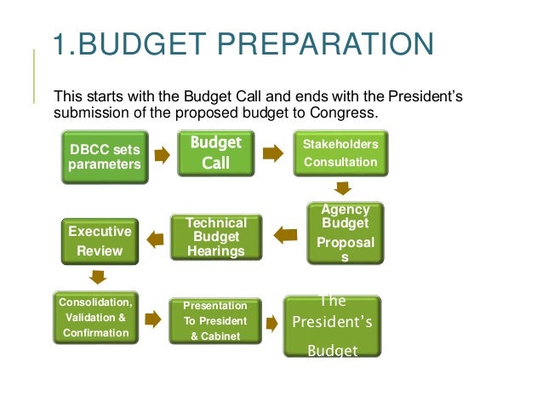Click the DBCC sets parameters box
pos(105,158)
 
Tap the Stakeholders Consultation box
pos(340,152)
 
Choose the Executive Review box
pos(100,241)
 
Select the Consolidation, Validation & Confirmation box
pos(95,318)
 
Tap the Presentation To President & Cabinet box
pos(215,319)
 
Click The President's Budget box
pos(332,325)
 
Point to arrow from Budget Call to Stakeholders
pos(273,154)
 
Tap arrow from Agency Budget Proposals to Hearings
pos(284,231)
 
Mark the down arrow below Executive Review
pos(99,276)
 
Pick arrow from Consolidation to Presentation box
pos(153,319)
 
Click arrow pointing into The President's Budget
pos(271,324)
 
